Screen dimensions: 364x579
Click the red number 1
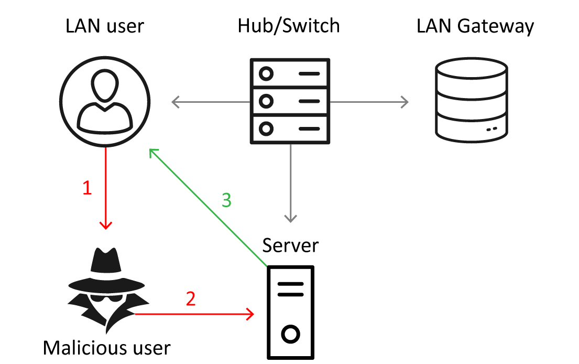(88, 188)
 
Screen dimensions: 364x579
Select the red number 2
(191, 299)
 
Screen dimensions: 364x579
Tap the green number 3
(226, 200)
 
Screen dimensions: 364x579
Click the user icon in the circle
(105, 102)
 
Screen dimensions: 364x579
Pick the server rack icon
(290, 101)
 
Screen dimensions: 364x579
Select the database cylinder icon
(472, 100)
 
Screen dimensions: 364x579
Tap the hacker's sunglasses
(106, 298)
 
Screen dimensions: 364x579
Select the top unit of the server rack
(290, 73)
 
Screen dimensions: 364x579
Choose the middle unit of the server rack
(290, 101)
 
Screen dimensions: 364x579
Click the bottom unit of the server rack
(290, 129)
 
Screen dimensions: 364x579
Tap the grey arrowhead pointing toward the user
(174, 102)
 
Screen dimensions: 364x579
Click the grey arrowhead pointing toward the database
(405, 102)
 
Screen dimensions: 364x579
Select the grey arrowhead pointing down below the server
(290, 219)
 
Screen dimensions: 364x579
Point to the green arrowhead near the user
(152, 152)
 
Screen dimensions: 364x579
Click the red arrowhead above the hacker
(106, 226)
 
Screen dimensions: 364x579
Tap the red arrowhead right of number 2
(251, 314)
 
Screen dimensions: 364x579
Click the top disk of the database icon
(472, 68)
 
